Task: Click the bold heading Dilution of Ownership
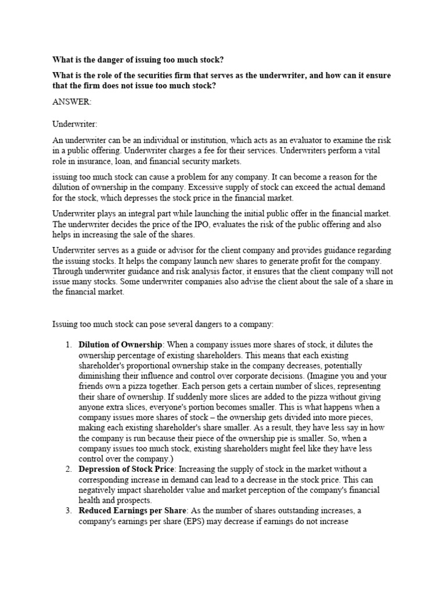pyautogui.click(x=120, y=345)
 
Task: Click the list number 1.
pyautogui.click(x=67, y=345)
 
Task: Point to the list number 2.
pyautogui.click(x=67, y=469)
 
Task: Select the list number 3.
pyautogui.click(x=67, y=511)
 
